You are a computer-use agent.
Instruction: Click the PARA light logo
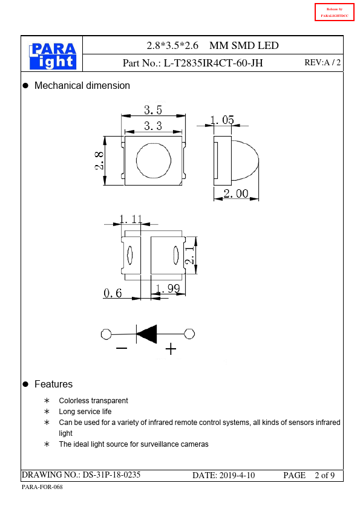(x=53, y=56)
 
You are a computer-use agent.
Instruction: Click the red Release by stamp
(x=335, y=12)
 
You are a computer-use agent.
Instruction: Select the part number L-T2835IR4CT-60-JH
(x=213, y=63)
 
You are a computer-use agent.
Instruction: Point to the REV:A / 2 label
(x=322, y=63)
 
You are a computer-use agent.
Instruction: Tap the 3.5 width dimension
(x=153, y=110)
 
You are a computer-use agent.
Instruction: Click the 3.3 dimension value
(x=153, y=126)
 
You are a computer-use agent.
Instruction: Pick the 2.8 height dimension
(x=99, y=161)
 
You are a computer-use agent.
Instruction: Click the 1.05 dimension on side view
(x=222, y=120)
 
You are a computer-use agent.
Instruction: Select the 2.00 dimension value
(x=236, y=193)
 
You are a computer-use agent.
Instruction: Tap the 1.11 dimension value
(x=131, y=219)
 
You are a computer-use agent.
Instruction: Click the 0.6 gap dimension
(x=113, y=293)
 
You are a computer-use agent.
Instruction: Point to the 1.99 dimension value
(x=168, y=288)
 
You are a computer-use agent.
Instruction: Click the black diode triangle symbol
(x=146, y=334)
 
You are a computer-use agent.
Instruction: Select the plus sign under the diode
(x=171, y=349)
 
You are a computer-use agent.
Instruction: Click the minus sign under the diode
(x=122, y=348)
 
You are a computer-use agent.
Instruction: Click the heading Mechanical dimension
(x=82, y=86)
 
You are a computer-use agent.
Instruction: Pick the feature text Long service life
(x=85, y=412)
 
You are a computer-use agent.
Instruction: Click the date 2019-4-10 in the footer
(x=237, y=476)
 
